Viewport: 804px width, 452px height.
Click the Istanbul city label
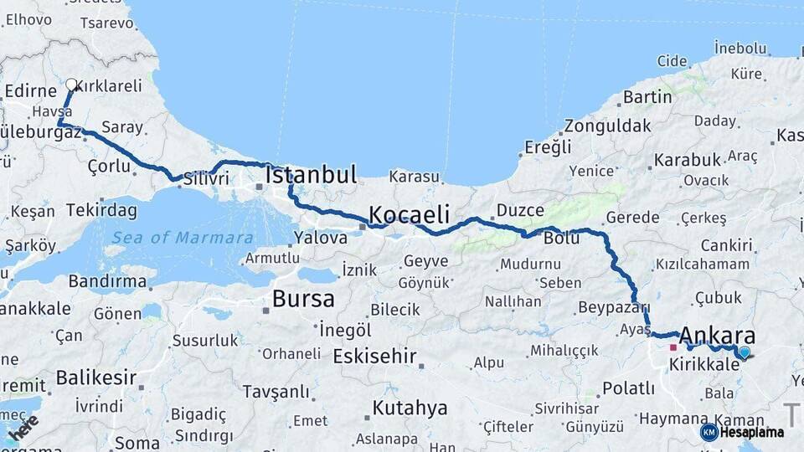(x=311, y=175)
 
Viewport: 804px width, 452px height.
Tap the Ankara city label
(x=717, y=336)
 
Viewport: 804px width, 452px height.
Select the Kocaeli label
(x=410, y=213)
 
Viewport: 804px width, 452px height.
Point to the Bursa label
(x=303, y=299)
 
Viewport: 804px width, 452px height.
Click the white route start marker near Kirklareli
(x=72, y=85)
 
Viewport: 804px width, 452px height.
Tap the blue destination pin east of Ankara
(x=744, y=352)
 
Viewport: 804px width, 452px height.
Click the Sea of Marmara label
(x=183, y=238)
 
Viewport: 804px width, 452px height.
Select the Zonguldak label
(x=607, y=126)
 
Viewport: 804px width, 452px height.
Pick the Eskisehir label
(x=374, y=357)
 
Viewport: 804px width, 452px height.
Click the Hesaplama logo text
(x=751, y=432)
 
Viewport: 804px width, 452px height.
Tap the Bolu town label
(x=561, y=239)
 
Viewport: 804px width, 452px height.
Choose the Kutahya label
(x=410, y=408)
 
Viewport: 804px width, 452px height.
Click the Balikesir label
(x=95, y=378)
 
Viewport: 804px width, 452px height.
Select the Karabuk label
(x=688, y=159)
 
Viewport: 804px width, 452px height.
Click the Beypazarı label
(x=614, y=308)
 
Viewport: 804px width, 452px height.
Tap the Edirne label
(x=30, y=90)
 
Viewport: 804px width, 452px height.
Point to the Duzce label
(x=520, y=210)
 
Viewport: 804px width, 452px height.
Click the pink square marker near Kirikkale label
(x=673, y=347)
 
